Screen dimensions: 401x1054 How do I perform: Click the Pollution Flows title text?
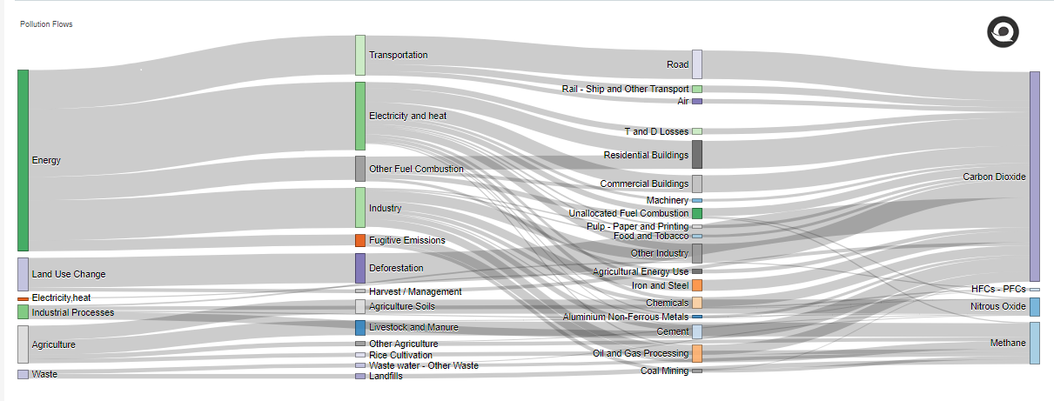pyautogui.click(x=46, y=24)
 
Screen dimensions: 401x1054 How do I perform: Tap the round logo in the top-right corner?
pyautogui.click(x=1002, y=32)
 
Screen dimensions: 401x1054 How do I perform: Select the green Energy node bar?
pyautogui.click(x=23, y=160)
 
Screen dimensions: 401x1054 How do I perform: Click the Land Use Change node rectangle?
pyautogui.click(x=23, y=274)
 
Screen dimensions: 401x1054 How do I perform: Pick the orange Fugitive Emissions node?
pyautogui.click(x=360, y=240)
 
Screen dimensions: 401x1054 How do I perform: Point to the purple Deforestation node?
pyautogui.click(x=360, y=268)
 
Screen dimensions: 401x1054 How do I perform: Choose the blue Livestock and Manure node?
pyautogui.click(x=360, y=328)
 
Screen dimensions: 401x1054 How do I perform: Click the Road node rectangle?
pyautogui.click(x=697, y=64)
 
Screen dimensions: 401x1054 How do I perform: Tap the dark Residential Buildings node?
pyautogui.click(x=697, y=154)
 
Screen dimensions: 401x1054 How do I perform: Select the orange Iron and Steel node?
pyautogui.click(x=697, y=285)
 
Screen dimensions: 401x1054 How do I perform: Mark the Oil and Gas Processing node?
pyautogui.click(x=697, y=353)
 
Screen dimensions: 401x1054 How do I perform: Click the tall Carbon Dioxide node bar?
pyautogui.click(x=1035, y=177)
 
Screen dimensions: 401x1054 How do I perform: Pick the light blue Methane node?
pyautogui.click(x=1035, y=343)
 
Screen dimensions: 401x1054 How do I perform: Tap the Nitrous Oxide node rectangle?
pyautogui.click(x=1035, y=306)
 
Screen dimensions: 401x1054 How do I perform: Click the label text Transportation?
pyautogui.click(x=399, y=55)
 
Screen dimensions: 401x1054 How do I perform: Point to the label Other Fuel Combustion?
pyautogui.click(x=416, y=169)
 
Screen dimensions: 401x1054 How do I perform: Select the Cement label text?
pyautogui.click(x=673, y=331)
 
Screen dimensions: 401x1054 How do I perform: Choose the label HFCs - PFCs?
pyautogui.click(x=998, y=289)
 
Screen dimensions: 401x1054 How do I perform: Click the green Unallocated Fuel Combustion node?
pyautogui.click(x=697, y=213)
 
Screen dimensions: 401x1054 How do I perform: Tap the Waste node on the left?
pyautogui.click(x=23, y=374)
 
